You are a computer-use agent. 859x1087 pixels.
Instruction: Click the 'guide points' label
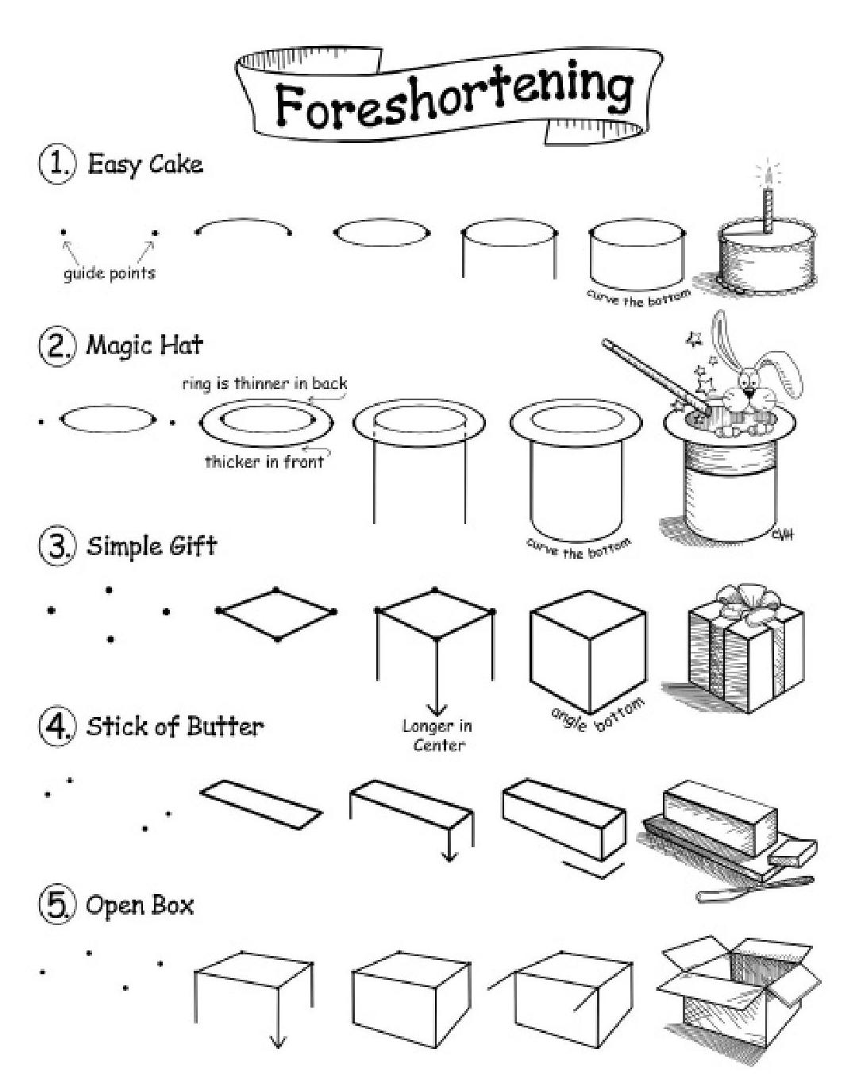[109, 273]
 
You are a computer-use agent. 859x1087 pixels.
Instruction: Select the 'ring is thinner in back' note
[264, 384]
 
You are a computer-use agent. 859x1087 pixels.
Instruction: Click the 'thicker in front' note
[264, 461]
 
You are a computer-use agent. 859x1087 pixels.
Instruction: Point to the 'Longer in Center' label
[437, 735]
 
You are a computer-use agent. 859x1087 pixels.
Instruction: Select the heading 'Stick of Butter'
[175, 727]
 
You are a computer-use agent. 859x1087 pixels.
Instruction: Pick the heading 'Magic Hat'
[144, 345]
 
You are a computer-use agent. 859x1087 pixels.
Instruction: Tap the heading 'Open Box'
[140, 906]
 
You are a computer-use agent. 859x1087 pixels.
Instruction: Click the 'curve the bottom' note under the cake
[638, 298]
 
